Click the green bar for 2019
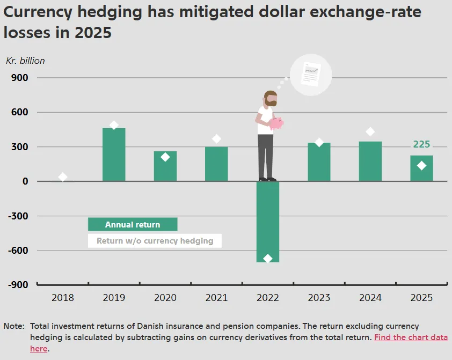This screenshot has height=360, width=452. tap(114, 155)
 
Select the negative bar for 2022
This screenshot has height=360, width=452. tap(268, 222)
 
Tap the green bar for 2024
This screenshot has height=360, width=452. tap(370, 161)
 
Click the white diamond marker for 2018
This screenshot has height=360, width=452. tap(63, 177)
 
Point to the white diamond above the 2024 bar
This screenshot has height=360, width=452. tap(370, 132)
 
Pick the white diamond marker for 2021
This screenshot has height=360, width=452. tap(216, 139)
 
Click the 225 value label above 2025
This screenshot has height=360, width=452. tap(421, 144)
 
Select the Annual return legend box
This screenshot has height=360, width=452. tap(133, 224)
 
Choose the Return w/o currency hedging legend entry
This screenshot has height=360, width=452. tap(155, 241)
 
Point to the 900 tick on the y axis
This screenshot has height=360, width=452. tap(20, 77)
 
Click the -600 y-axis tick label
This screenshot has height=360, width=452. tap(18, 250)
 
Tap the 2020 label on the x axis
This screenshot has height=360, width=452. tap(165, 298)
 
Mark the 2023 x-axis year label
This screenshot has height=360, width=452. tap(319, 298)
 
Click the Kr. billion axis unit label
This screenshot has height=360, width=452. tap(25, 61)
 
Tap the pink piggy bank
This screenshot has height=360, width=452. tap(276, 123)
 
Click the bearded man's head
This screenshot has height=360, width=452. tap(271, 99)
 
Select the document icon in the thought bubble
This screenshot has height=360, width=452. tap(311, 74)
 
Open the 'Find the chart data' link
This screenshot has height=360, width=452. tap(411, 337)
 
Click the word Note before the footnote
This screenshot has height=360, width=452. tap(14, 326)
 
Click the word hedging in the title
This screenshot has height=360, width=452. tap(110, 13)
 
